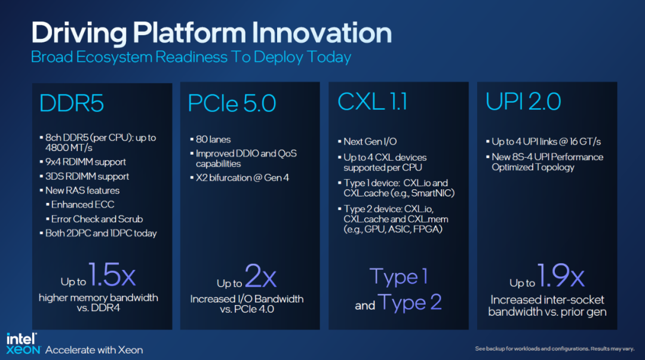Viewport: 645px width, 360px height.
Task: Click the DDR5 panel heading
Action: click(72, 103)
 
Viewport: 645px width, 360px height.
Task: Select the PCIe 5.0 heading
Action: click(232, 103)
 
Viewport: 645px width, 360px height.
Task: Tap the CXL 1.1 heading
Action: click(372, 101)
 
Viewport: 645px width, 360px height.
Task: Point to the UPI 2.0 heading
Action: click(523, 101)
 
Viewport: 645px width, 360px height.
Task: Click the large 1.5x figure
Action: click(112, 275)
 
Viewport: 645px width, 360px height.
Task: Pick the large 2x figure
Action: click(260, 275)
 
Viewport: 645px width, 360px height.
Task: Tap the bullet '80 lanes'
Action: click(213, 140)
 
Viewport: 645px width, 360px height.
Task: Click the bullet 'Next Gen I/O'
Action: click(370, 141)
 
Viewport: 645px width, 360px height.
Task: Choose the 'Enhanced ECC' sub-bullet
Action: click(82, 205)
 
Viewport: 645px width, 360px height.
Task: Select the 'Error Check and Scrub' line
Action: click(97, 219)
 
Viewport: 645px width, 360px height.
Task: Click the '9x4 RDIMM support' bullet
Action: click(85, 162)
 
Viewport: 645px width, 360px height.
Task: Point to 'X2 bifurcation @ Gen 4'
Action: click(242, 178)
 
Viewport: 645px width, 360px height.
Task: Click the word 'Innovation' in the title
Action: click(322, 32)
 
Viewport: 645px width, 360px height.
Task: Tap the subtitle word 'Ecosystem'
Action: click(114, 57)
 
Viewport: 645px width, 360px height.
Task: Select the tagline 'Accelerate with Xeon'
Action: click(94, 350)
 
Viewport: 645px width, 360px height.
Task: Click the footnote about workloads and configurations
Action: click(554, 349)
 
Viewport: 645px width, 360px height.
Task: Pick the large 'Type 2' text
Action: click(409, 302)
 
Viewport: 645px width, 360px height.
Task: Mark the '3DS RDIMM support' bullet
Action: click(87, 176)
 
